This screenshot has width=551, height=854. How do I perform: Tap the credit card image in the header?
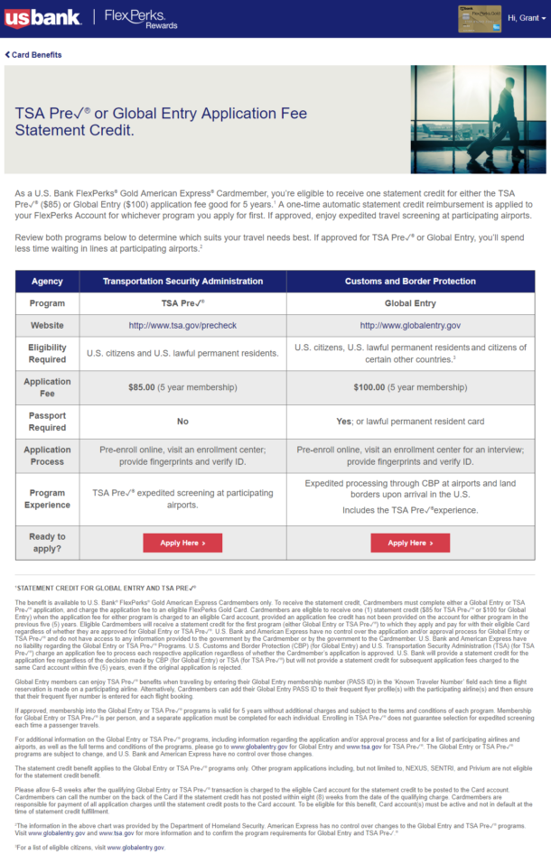coord(479,17)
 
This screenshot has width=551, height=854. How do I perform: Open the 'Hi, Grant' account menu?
coord(528,18)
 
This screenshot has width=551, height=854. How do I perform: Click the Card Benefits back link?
coord(33,55)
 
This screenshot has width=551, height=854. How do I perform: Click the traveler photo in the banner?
coord(477,119)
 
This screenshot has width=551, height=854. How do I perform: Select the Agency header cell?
coord(47,282)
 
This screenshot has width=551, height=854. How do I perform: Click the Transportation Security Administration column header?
coord(182,282)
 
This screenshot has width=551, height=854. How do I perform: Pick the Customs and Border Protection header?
coord(410,282)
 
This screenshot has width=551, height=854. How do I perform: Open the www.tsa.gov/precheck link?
coord(182,325)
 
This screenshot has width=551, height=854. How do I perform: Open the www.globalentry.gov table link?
coord(410,325)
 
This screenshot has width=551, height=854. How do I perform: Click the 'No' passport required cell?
coord(182,421)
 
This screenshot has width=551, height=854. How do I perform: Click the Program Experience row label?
coord(47,499)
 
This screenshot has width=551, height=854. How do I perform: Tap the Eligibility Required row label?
coord(47,352)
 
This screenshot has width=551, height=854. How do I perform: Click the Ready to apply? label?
coord(47,543)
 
